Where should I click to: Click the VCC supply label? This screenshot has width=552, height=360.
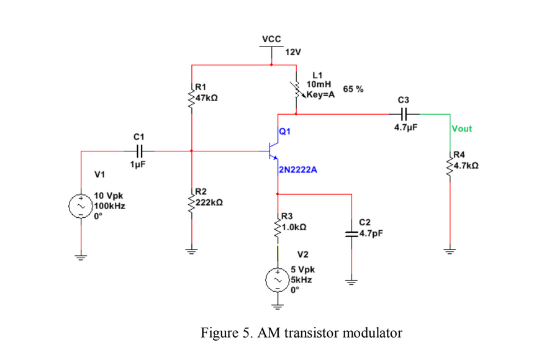coord(271,39)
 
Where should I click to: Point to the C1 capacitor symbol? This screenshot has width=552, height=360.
coord(139,150)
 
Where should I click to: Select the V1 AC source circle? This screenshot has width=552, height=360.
coord(81,206)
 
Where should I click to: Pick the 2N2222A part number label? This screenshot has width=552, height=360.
coord(299,169)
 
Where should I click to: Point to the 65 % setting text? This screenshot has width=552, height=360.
coord(352,89)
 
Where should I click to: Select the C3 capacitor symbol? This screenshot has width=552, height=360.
coord(404,114)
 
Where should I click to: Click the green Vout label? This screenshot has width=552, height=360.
coord(461,129)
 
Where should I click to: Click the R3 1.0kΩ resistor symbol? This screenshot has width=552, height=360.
coord(277,227)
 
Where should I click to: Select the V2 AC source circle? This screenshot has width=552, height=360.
coord(277,281)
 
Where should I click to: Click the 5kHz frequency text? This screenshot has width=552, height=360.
coord(302,279)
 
